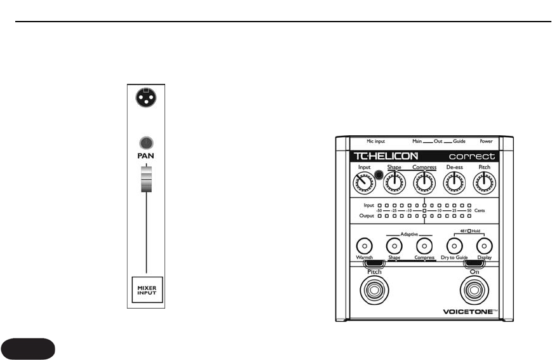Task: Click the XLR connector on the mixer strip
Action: [146, 98]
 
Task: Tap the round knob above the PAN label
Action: [146, 143]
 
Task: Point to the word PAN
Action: [146, 155]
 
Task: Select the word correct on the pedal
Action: [471, 156]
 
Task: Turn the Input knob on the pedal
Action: [364, 185]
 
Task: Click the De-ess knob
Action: [455, 185]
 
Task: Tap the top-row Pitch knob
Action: [484, 185]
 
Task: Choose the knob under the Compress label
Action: [424, 185]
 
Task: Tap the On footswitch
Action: [474, 291]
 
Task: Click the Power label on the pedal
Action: [486, 141]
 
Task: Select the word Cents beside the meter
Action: [480, 209]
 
